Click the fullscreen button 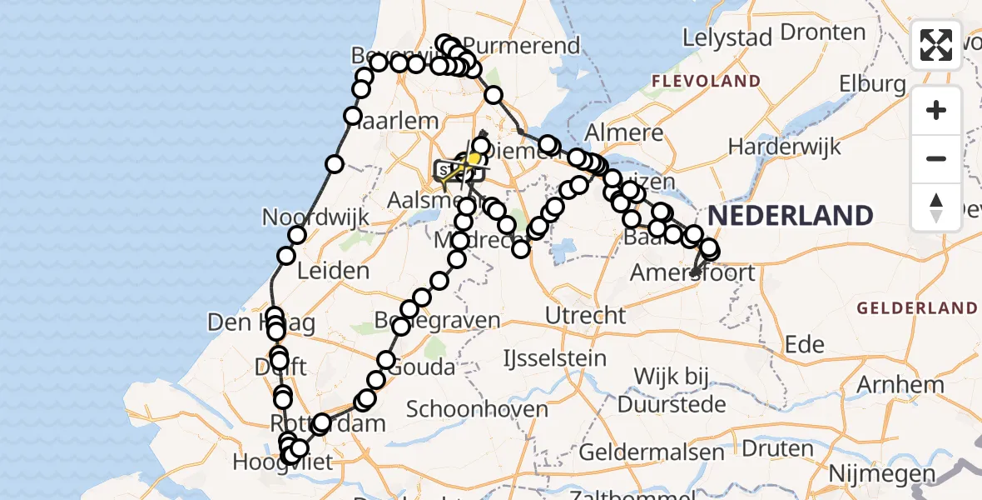[936, 45]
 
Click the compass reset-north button [936, 207]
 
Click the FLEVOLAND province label [706, 81]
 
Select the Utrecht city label [585, 315]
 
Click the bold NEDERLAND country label [791, 216]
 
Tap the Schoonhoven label [478, 409]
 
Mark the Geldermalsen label [652, 452]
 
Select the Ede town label [805, 345]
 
